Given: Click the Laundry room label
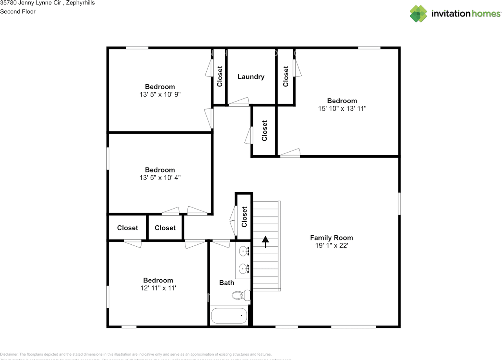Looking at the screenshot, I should [x=251, y=77].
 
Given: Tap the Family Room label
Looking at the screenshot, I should [x=331, y=238].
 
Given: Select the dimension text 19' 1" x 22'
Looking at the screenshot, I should [x=331, y=245].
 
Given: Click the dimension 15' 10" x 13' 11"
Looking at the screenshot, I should [x=342, y=109].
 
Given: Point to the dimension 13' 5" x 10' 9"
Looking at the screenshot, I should [x=160, y=95].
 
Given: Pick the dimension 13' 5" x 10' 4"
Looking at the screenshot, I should [x=160, y=178].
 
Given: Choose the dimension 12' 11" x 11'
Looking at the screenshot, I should [x=158, y=288].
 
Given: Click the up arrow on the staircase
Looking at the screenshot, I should [x=266, y=242].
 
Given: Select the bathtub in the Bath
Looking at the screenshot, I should [x=229, y=315].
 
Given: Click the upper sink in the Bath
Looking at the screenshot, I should [x=244, y=250].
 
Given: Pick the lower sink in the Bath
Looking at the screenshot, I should [x=244, y=269].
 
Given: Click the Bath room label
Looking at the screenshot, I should [x=227, y=283].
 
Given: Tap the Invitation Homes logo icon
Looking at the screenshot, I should [x=418, y=14].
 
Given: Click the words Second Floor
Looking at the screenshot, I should [x=18, y=12].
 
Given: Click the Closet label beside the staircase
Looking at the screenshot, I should [x=244, y=216].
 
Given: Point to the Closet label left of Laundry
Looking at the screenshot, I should [x=220, y=76].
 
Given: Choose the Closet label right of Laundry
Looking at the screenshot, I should [x=286, y=76].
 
